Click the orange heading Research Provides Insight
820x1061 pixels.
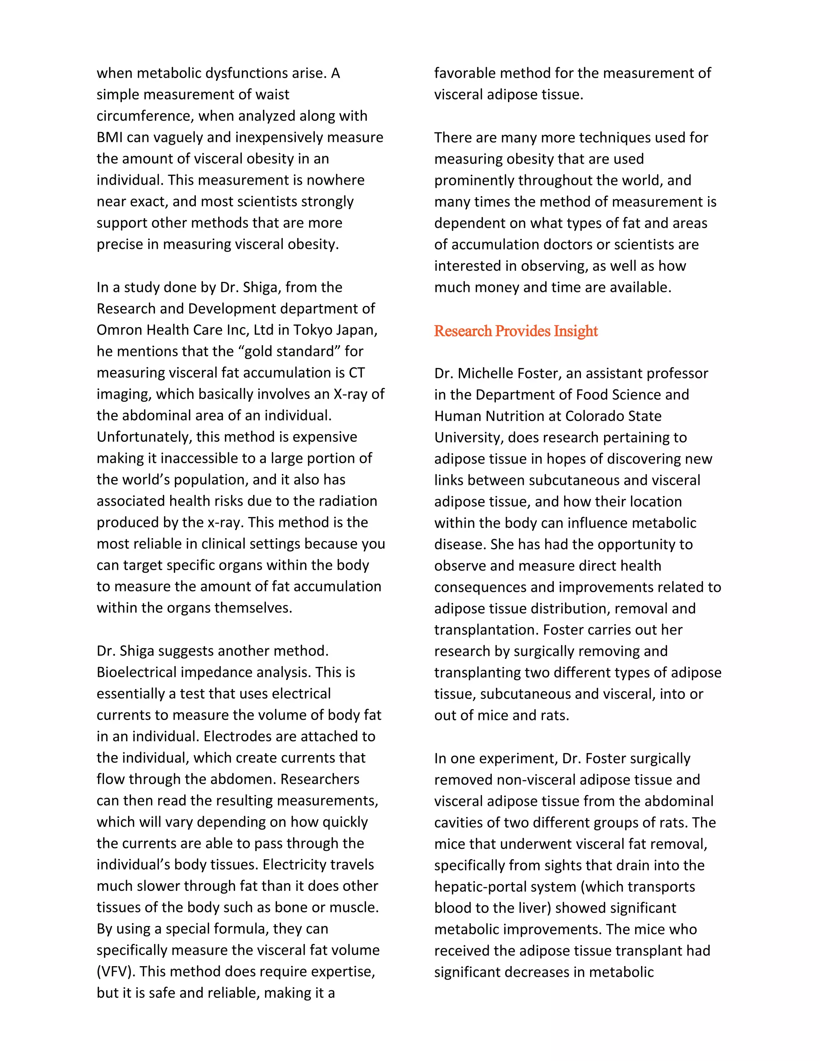tap(515, 332)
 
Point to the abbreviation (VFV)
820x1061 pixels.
tap(116, 971)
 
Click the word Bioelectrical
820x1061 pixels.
tap(137, 672)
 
